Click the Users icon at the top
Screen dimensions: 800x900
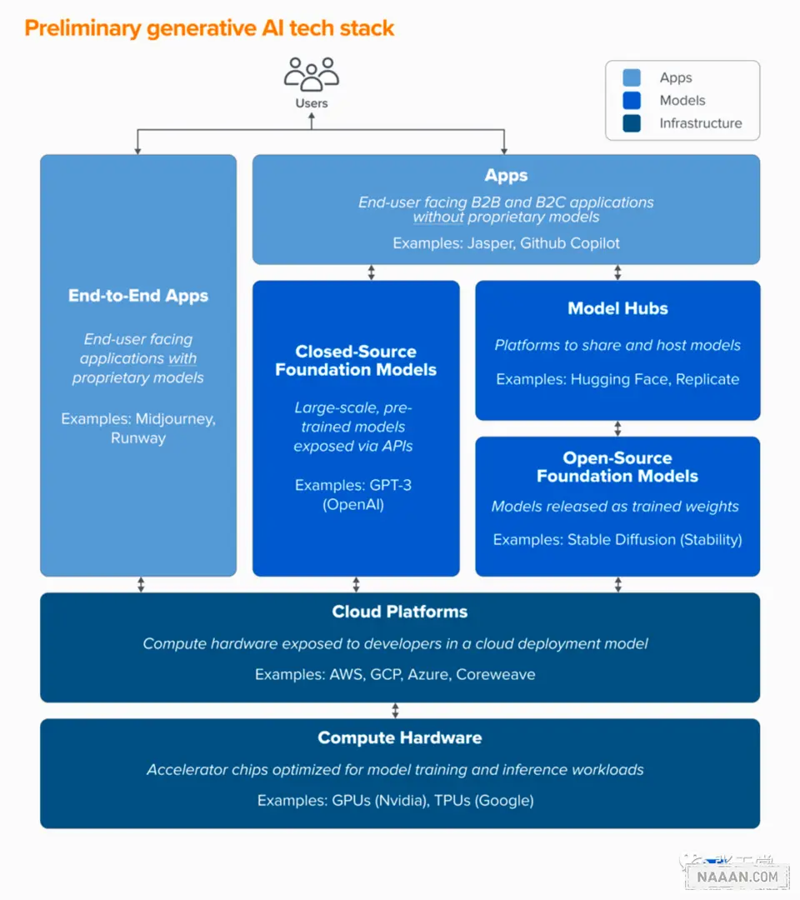coord(312,74)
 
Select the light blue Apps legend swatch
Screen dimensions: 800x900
coord(632,77)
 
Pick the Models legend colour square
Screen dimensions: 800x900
coord(632,101)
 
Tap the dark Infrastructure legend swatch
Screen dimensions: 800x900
coord(632,123)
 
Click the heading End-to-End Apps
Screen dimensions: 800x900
coord(138,296)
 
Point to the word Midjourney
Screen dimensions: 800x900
coord(176,419)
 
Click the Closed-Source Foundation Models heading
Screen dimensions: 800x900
coord(356,361)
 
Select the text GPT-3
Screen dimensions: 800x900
coord(390,485)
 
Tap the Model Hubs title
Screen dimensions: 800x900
coord(618,308)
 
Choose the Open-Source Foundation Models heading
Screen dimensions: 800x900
coord(617,467)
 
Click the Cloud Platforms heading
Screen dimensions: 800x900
coord(400,612)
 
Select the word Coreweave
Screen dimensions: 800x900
coord(496,674)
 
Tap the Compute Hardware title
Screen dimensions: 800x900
coord(400,737)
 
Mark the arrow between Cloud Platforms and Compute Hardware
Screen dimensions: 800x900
coord(395,711)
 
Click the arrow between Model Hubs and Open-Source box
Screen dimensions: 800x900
coord(618,428)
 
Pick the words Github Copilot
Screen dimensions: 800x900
coord(570,243)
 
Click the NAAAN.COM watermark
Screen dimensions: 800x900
coord(737,877)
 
